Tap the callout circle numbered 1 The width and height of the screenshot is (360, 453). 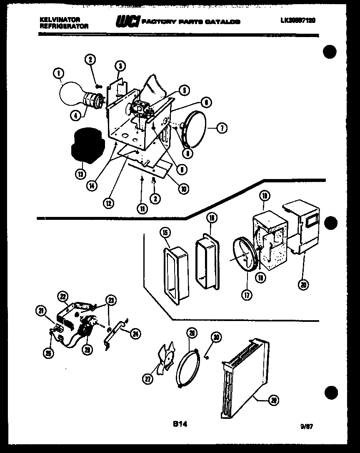coord(58,74)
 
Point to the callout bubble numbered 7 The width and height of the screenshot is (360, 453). coord(222,129)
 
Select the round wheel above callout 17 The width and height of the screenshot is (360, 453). coord(245,255)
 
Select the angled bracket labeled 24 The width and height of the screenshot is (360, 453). coord(115,334)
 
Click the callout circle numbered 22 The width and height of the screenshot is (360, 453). coord(62,297)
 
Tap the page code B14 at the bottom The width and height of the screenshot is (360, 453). coord(180,424)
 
